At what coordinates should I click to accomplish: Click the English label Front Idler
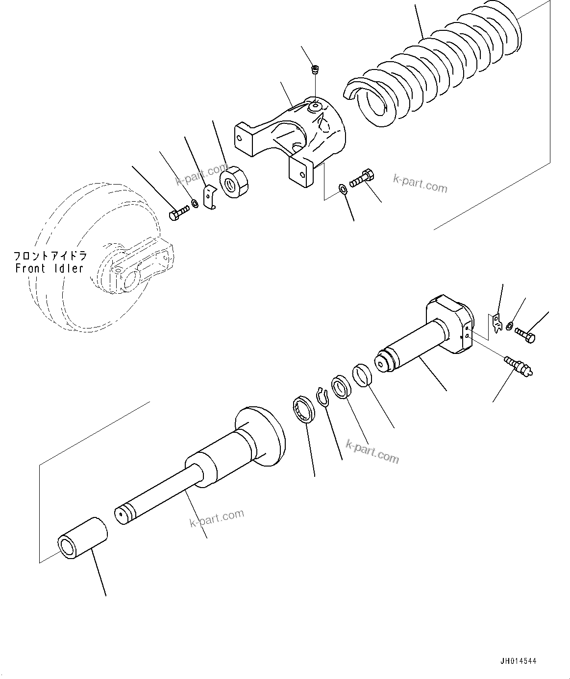(50, 268)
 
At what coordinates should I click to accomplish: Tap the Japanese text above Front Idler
(50, 256)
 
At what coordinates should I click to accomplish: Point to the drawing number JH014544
(518, 661)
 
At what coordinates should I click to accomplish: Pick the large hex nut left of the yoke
(235, 183)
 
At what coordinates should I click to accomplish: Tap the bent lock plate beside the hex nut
(210, 196)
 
